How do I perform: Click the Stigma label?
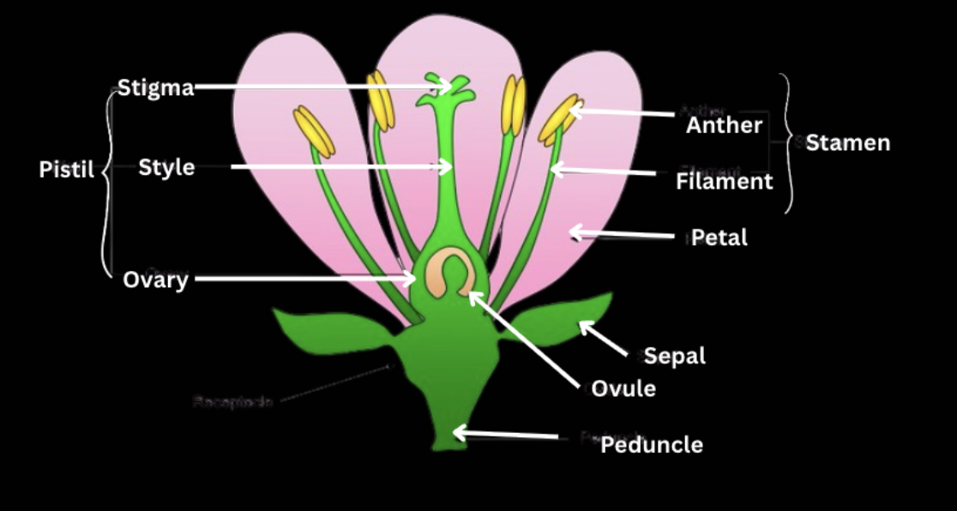[x=155, y=87]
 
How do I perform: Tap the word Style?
[x=166, y=167]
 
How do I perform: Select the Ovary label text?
[x=155, y=280]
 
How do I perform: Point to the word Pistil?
[x=67, y=170]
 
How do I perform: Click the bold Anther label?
[x=724, y=125]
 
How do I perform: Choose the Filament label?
[x=724, y=182]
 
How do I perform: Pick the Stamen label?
[x=847, y=143]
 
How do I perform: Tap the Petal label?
[x=719, y=237]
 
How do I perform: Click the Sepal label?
[x=674, y=356]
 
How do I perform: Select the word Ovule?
[x=623, y=388]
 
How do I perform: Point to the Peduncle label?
[x=652, y=445]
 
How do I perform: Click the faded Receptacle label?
[x=232, y=401]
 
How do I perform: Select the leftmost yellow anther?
[x=313, y=131]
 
